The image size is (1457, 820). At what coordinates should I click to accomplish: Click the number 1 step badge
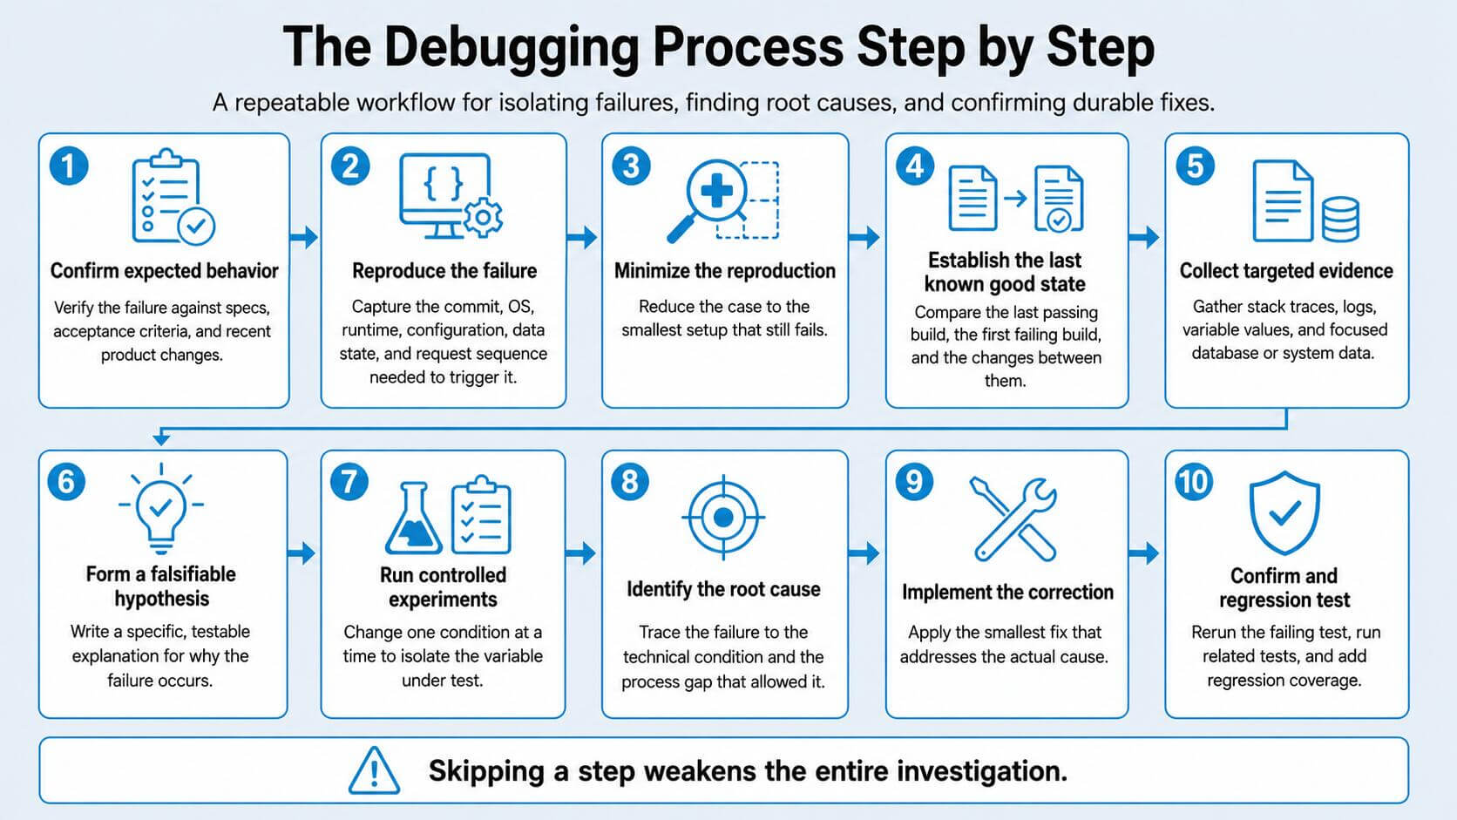tap(69, 166)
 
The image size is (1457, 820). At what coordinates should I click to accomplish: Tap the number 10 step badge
tap(1194, 482)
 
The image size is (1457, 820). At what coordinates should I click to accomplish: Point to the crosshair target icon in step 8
tap(723, 518)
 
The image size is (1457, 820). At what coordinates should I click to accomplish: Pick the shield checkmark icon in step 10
tap(1284, 512)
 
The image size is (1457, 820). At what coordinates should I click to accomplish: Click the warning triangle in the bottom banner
tap(374, 770)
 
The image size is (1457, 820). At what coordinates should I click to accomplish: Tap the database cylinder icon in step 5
tap(1340, 219)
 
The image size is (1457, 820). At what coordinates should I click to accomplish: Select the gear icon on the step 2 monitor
tap(482, 217)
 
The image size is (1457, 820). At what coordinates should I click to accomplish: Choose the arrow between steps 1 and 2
tap(304, 237)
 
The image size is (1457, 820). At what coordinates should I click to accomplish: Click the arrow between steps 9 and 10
tap(1143, 553)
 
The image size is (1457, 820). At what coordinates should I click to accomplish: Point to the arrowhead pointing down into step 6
tap(161, 439)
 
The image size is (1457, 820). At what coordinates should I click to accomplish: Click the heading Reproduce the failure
tap(444, 270)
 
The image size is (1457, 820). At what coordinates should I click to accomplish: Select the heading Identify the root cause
tap(723, 589)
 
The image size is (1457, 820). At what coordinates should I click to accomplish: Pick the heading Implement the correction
tap(1007, 592)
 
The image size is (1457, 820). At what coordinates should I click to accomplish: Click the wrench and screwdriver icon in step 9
tap(1013, 518)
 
